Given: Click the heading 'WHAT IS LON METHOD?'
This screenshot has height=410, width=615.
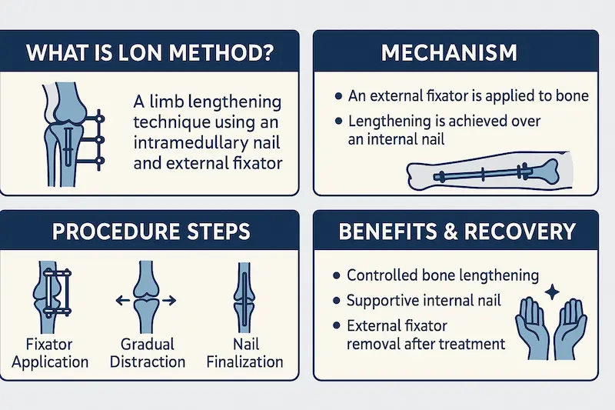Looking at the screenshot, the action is click(149, 53).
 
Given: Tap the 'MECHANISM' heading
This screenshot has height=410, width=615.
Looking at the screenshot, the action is click(449, 53).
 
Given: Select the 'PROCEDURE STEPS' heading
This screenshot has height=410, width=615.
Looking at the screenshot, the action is click(151, 231).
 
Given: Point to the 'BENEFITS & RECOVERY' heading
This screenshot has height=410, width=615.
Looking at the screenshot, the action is click(457, 231).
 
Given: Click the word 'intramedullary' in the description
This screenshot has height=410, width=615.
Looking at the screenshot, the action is click(191, 142).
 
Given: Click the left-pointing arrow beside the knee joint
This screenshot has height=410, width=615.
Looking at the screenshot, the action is click(123, 301).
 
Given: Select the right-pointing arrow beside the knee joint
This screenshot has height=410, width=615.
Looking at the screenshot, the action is click(169, 301).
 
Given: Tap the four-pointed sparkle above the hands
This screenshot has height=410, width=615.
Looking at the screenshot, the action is click(552, 292).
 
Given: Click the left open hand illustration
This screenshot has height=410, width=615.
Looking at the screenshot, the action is click(531, 328).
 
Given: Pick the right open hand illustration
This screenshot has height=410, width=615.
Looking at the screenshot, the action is click(570, 328).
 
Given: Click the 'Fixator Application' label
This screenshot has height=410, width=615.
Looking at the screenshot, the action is click(50, 353).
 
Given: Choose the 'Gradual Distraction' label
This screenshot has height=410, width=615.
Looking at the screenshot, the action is click(148, 353).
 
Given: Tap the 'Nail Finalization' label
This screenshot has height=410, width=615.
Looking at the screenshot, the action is click(245, 353).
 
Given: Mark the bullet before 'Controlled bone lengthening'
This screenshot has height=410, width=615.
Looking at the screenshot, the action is click(336, 276).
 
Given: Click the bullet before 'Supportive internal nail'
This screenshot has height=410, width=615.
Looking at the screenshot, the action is click(336, 301).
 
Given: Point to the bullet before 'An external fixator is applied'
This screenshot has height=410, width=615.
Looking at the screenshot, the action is click(339, 96).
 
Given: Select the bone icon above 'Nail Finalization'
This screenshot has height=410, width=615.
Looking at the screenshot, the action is click(244, 298).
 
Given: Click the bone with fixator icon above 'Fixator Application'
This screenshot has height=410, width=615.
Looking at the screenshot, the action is click(52, 298).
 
